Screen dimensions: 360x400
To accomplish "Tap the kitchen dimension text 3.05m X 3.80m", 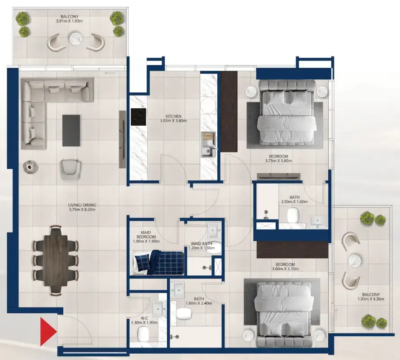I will pos(173,121).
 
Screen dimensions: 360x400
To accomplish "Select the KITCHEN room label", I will pos(173,116).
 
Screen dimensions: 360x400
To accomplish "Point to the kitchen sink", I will pos(207,151).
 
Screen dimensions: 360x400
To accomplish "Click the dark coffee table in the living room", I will pos(71,130).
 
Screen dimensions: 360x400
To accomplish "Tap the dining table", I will pos(56,260).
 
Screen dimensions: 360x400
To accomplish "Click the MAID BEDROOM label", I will pos(146,234).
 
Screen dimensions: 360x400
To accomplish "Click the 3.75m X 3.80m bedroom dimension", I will pos(278,161).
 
